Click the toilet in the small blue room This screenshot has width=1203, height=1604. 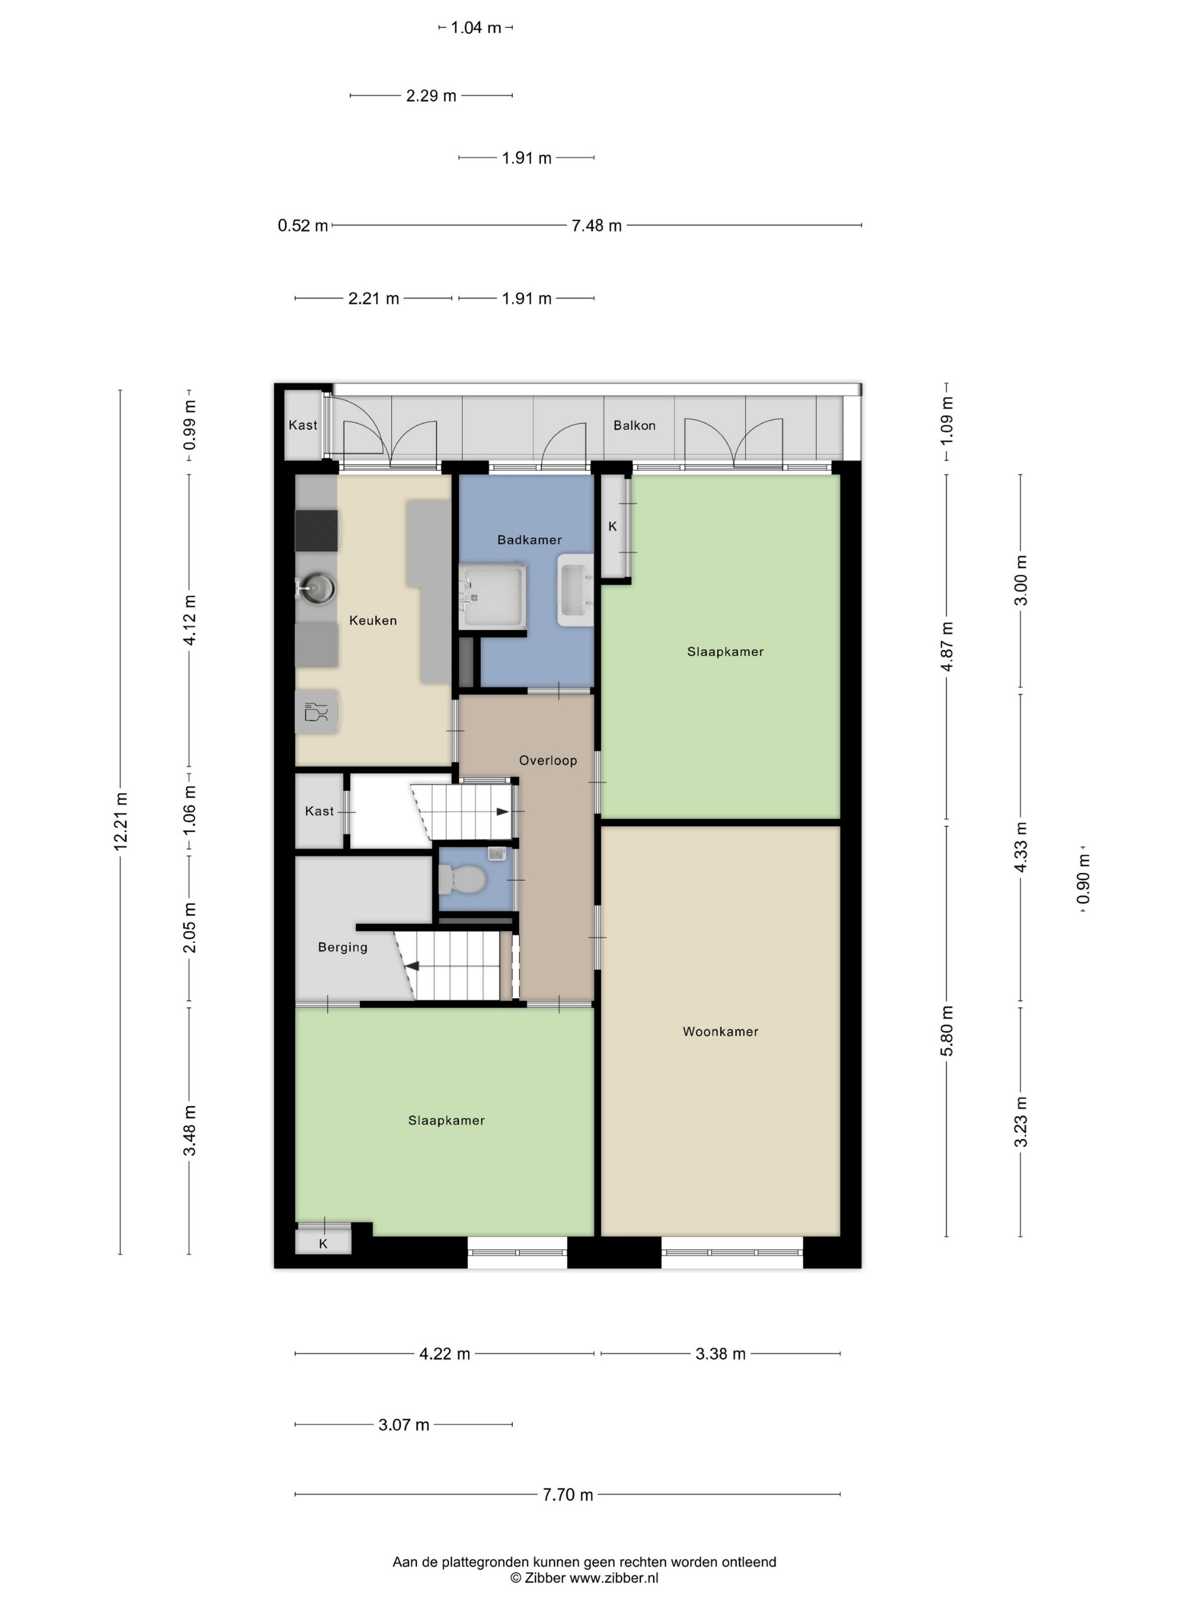pyautogui.click(x=461, y=879)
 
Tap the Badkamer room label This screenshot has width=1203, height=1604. pyautogui.click(x=529, y=540)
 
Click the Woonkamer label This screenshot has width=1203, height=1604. pyautogui.click(x=720, y=1031)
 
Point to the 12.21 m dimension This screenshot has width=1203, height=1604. pyautogui.click(x=120, y=821)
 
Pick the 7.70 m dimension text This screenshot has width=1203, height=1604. pyautogui.click(x=568, y=1495)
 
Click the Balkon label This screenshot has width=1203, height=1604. pyautogui.click(x=635, y=426)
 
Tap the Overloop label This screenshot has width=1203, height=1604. pyautogui.click(x=548, y=760)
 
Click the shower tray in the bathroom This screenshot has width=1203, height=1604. pyautogui.click(x=493, y=596)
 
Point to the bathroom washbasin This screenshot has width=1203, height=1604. pyautogui.click(x=575, y=590)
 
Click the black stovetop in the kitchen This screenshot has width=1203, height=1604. pyautogui.click(x=317, y=531)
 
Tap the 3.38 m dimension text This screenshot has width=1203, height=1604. pyautogui.click(x=720, y=1354)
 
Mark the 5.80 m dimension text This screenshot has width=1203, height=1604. pyautogui.click(x=947, y=1031)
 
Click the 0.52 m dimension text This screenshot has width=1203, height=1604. pyautogui.click(x=303, y=226)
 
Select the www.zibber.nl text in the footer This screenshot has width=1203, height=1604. pyautogui.click(x=614, y=1577)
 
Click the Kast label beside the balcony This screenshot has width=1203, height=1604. pyautogui.click(x=302, y=425)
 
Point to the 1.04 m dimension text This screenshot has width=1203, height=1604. pyautogui.click(x=475, y=27)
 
